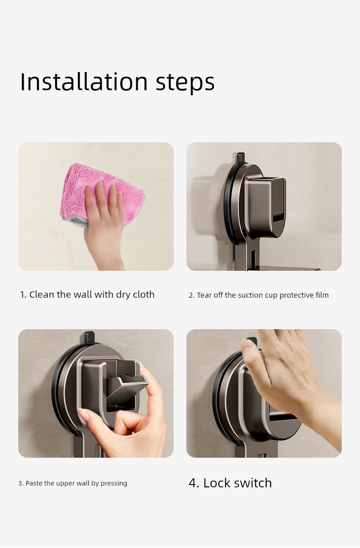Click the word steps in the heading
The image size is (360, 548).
[x=185, y=83]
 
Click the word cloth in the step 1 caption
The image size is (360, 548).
[x=144, y=295]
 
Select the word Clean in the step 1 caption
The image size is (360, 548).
[x=42, y=295]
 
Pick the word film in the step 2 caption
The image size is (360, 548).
[x=322, y=295]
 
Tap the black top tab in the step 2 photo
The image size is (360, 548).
[x=241, y=157]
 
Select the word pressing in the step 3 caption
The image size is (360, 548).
[x=114, y=483]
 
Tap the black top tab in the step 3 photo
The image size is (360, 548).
[x=89, y=336]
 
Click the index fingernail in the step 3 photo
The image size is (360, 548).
[x=83, y=414]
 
